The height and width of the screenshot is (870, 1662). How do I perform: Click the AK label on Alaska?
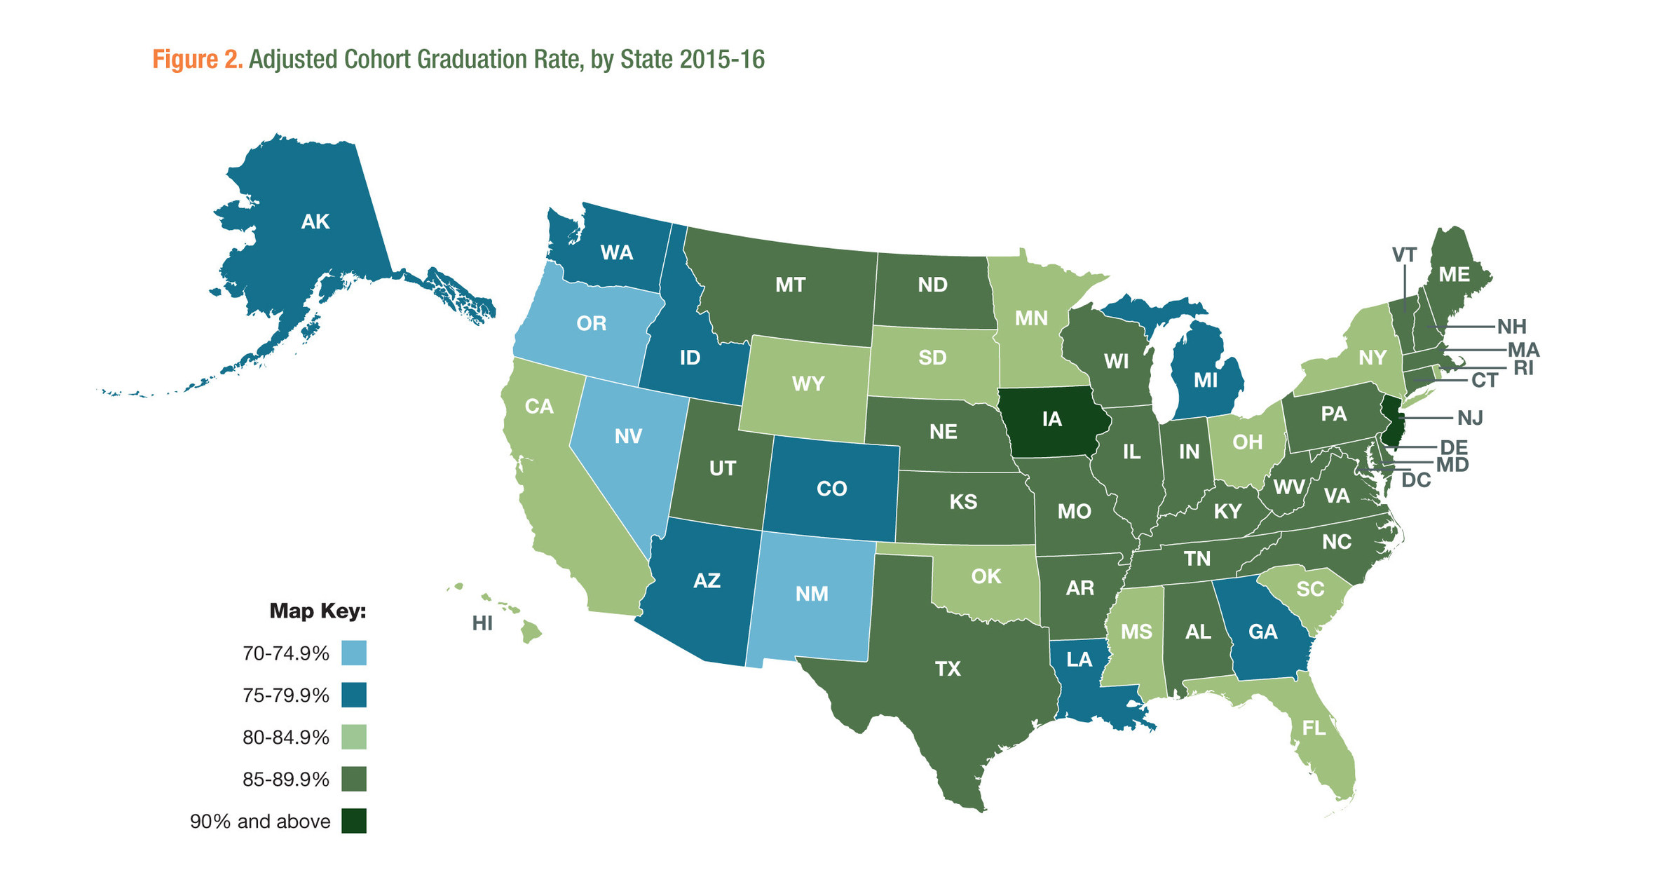[315, 222]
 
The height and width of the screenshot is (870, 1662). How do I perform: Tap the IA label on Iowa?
[1051, 419]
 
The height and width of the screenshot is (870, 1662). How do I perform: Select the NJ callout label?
[1469, 418]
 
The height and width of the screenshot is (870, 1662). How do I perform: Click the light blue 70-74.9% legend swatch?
[354, 653]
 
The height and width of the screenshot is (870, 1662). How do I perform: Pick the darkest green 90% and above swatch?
[354, 821]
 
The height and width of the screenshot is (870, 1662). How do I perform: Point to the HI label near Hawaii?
[482, 623]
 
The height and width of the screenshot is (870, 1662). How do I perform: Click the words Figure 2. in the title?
[197, 60]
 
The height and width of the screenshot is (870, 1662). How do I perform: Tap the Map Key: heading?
[318, 611]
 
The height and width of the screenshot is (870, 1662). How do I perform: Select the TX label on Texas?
[947, 669]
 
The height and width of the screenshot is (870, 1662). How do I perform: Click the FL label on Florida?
[1314, 728]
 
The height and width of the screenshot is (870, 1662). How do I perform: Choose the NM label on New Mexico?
[812, 594]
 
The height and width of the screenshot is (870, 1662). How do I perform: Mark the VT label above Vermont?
[1404, 254]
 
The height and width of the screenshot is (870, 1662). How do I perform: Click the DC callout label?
[1415, 480]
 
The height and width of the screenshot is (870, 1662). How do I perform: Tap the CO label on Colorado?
[831, 489]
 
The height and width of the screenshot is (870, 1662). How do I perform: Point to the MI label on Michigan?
[1205, 380]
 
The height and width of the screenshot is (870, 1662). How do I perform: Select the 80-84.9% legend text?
[285, 738]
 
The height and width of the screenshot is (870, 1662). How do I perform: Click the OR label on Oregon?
[591, 323]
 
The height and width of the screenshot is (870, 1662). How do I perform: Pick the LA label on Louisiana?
[1079, 659]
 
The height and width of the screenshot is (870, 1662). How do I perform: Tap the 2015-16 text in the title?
[721, 60]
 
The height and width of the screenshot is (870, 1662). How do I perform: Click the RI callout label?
[1523, 367]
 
